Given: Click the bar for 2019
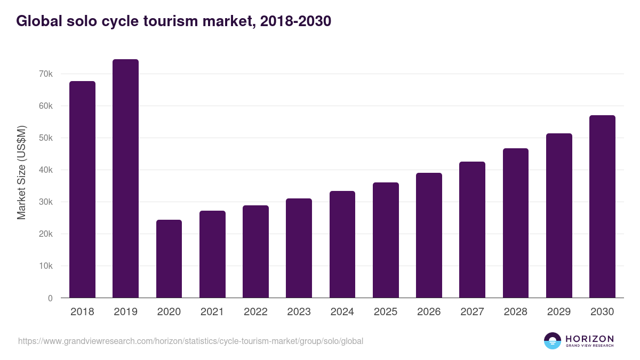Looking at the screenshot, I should tap(125, 179).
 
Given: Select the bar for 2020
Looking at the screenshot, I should tap(169, 259).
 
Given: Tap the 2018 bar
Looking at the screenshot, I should tap(82, 189).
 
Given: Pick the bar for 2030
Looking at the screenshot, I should tap(602, 206).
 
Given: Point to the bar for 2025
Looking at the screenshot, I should tap(386, 240).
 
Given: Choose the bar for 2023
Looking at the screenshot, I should tap(299, 248).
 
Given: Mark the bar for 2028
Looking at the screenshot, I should tap(516, 223).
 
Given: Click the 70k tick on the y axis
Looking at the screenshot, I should tap(46, 74).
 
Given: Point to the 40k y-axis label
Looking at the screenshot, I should tap(46, 170).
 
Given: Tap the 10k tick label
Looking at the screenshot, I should tap(46, 266).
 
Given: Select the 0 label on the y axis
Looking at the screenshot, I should tap(50, 298).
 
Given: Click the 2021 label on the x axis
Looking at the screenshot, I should tap(212, 312).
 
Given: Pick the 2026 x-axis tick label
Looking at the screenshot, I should tap(429, 312).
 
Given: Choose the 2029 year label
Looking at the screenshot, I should tap(559, 312).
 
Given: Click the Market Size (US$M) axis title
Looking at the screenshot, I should tap(21, 172).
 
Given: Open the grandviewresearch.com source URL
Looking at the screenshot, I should tap(190, 341).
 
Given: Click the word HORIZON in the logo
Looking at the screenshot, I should tap(589, 339).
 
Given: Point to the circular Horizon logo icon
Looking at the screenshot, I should tap(553, 341).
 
